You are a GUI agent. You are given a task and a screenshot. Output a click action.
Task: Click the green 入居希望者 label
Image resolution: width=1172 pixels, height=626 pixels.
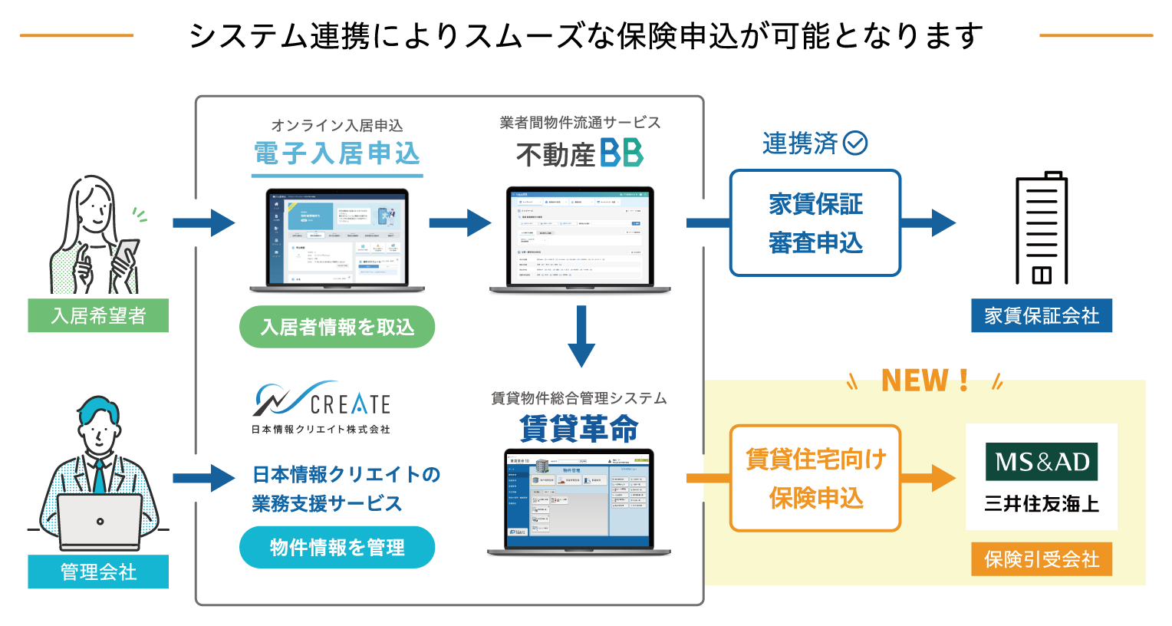(98, 315)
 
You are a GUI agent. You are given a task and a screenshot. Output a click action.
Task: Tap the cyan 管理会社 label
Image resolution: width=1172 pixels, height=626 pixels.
(98, 572)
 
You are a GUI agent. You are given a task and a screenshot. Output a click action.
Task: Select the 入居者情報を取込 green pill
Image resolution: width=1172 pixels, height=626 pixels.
(337, 328)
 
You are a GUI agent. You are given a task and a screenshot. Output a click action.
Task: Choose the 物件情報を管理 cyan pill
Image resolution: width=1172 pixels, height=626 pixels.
(337, 547)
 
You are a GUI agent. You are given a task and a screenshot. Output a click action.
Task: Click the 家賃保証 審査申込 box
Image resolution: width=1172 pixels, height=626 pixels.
(815, 223)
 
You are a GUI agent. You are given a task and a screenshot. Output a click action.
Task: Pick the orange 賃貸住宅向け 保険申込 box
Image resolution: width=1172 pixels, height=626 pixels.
(815, 478)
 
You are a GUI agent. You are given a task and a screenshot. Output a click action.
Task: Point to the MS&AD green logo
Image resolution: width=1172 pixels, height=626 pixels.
(1042, 462)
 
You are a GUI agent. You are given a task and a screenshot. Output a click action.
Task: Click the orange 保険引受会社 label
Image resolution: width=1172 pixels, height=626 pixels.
(1042, 559)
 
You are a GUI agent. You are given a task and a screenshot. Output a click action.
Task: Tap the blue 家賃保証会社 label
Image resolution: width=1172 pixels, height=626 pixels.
(1041, 315)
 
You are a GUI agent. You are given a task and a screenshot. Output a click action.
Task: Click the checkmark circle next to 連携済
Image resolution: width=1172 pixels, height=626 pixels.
(855, 143)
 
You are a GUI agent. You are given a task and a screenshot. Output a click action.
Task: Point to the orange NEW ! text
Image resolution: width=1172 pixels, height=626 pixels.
(924, 381)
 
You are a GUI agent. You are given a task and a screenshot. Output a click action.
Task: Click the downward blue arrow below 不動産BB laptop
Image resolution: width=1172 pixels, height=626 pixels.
(581, 336)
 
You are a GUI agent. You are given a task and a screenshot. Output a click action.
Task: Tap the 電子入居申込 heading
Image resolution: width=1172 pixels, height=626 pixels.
(337, 153)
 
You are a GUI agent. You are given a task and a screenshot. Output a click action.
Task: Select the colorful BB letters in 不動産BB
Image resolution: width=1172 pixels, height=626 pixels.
(621, 153)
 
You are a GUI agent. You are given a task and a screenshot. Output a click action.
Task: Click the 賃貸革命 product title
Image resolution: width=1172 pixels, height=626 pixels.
(578, 428)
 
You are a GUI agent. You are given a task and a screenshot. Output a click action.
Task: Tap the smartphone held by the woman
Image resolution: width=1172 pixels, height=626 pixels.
(124, 257)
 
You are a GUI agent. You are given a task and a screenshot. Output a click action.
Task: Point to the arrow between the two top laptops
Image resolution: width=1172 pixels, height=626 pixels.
(459, 223)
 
